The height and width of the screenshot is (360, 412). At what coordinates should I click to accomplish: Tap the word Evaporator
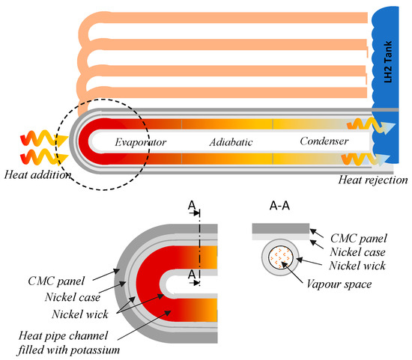click(x=140, y=141)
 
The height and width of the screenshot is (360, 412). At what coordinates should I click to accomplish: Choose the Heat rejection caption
click(x=372, y=180)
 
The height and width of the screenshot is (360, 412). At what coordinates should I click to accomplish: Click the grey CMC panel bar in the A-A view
click(x=279, y=227)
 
